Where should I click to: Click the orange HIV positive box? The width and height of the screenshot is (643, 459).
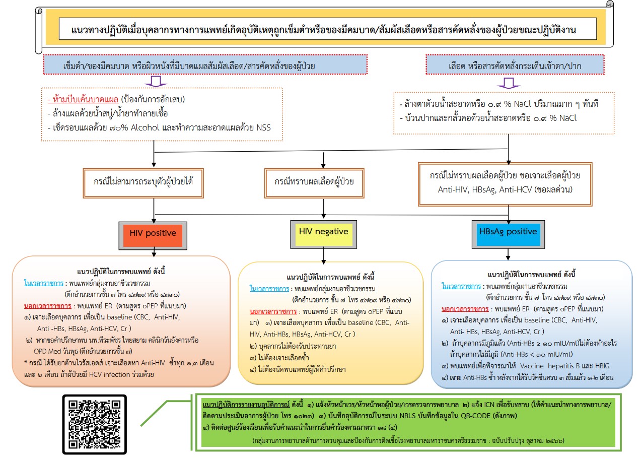click(x=153, y=233)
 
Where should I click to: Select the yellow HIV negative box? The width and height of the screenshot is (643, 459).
click(x=323, y=232)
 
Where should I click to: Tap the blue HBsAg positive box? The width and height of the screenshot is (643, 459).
click(x=508, y=232)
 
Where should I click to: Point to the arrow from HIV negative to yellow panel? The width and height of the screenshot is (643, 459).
click(x=323, y=255)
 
